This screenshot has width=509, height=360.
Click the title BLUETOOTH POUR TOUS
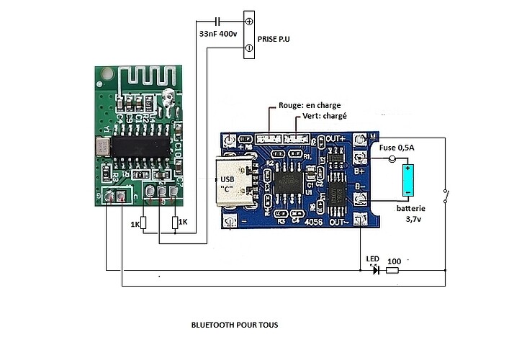click(x=234, y=325)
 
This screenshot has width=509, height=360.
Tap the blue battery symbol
click(x=407, y=180)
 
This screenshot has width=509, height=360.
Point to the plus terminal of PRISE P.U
click(x=249, y=22)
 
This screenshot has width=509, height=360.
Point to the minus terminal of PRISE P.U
click(x=249, y=48)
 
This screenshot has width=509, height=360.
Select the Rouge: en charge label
click(x=310, y=105)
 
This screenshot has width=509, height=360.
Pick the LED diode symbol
click(x=373, y=271)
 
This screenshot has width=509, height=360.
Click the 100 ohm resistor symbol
click(x=392, y=271)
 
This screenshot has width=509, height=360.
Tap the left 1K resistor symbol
click(x=143, y=223)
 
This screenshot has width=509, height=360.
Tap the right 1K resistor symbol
click(x=176, y=223)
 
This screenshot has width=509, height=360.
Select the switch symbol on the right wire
click(x=446, y=196)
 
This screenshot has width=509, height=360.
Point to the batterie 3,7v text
click(x=411, y=212)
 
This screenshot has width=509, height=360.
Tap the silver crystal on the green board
click(x=102, y=147)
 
